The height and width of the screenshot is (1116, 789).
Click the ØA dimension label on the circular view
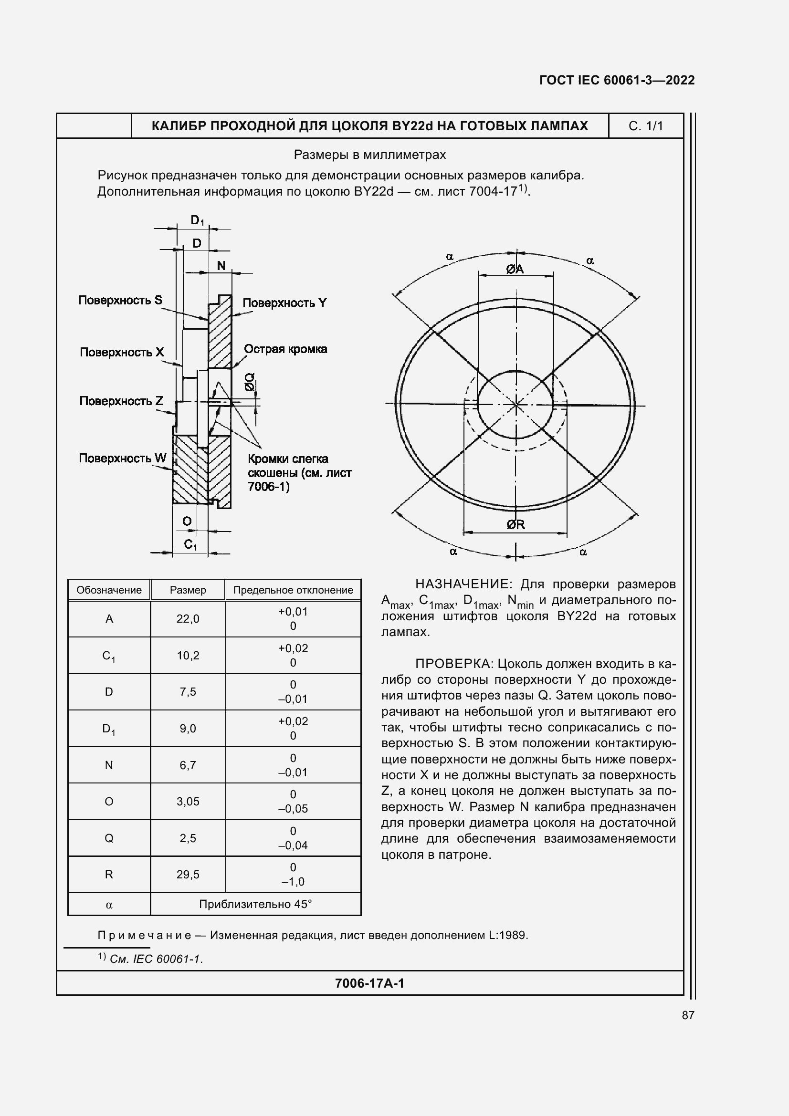pyautogui.click(x=515, y=269)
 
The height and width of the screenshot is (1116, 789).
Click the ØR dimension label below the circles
pyautogui.click(x=516, y=524)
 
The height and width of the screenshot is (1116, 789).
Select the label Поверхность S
pyautogui.click(x=120, y=300)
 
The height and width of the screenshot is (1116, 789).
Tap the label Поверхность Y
pyautogui.click(x=284, y=303)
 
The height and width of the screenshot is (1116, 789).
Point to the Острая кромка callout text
pyautogui.click(x=285, y=349)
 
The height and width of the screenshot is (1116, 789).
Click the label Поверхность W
pyautogui.click(x=123, y=458)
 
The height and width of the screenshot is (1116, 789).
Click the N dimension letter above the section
pyautogui.click(x=221, y=265)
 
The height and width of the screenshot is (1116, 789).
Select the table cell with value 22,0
pyautogui.click(x=188, y=619)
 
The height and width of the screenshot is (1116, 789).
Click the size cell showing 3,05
pyautogui.click(x=188, y=802)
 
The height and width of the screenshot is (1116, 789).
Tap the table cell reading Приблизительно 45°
pyautogui.click(x=255, y=904)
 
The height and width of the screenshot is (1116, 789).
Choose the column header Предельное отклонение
pyautogui.click(x=293, y=590)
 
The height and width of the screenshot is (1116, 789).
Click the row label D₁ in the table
pyautogui.click(x=109, y=729)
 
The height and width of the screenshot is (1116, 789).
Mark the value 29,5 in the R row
pyautogui.click(x=188, y=875)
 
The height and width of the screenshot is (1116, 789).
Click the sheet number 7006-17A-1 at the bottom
pyautogui.click(x=369, y=983)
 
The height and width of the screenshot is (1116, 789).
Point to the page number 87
pyautogui.click(x=688, y=1015)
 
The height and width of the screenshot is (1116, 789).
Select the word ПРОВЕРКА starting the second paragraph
pyautogui.click(x=453, y=664)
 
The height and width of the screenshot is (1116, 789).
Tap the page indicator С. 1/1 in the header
pyautogui.click(x=646, y=126)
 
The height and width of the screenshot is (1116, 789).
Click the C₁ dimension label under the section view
pyautogui.click(x=190, y=544)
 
